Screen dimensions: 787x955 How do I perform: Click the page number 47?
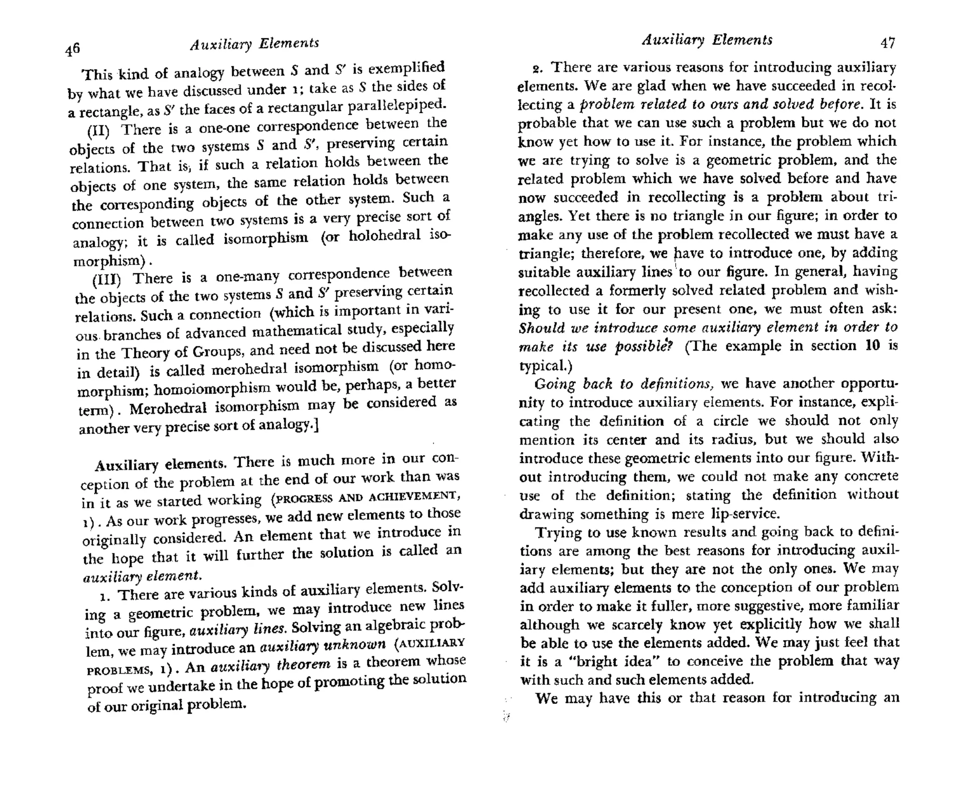tap(887, 43)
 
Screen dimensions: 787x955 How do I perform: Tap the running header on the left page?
tap(254, 44)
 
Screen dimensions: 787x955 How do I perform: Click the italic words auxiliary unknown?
tap(322, 646)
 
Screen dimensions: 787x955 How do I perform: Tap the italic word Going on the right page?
tap(555, 384)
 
